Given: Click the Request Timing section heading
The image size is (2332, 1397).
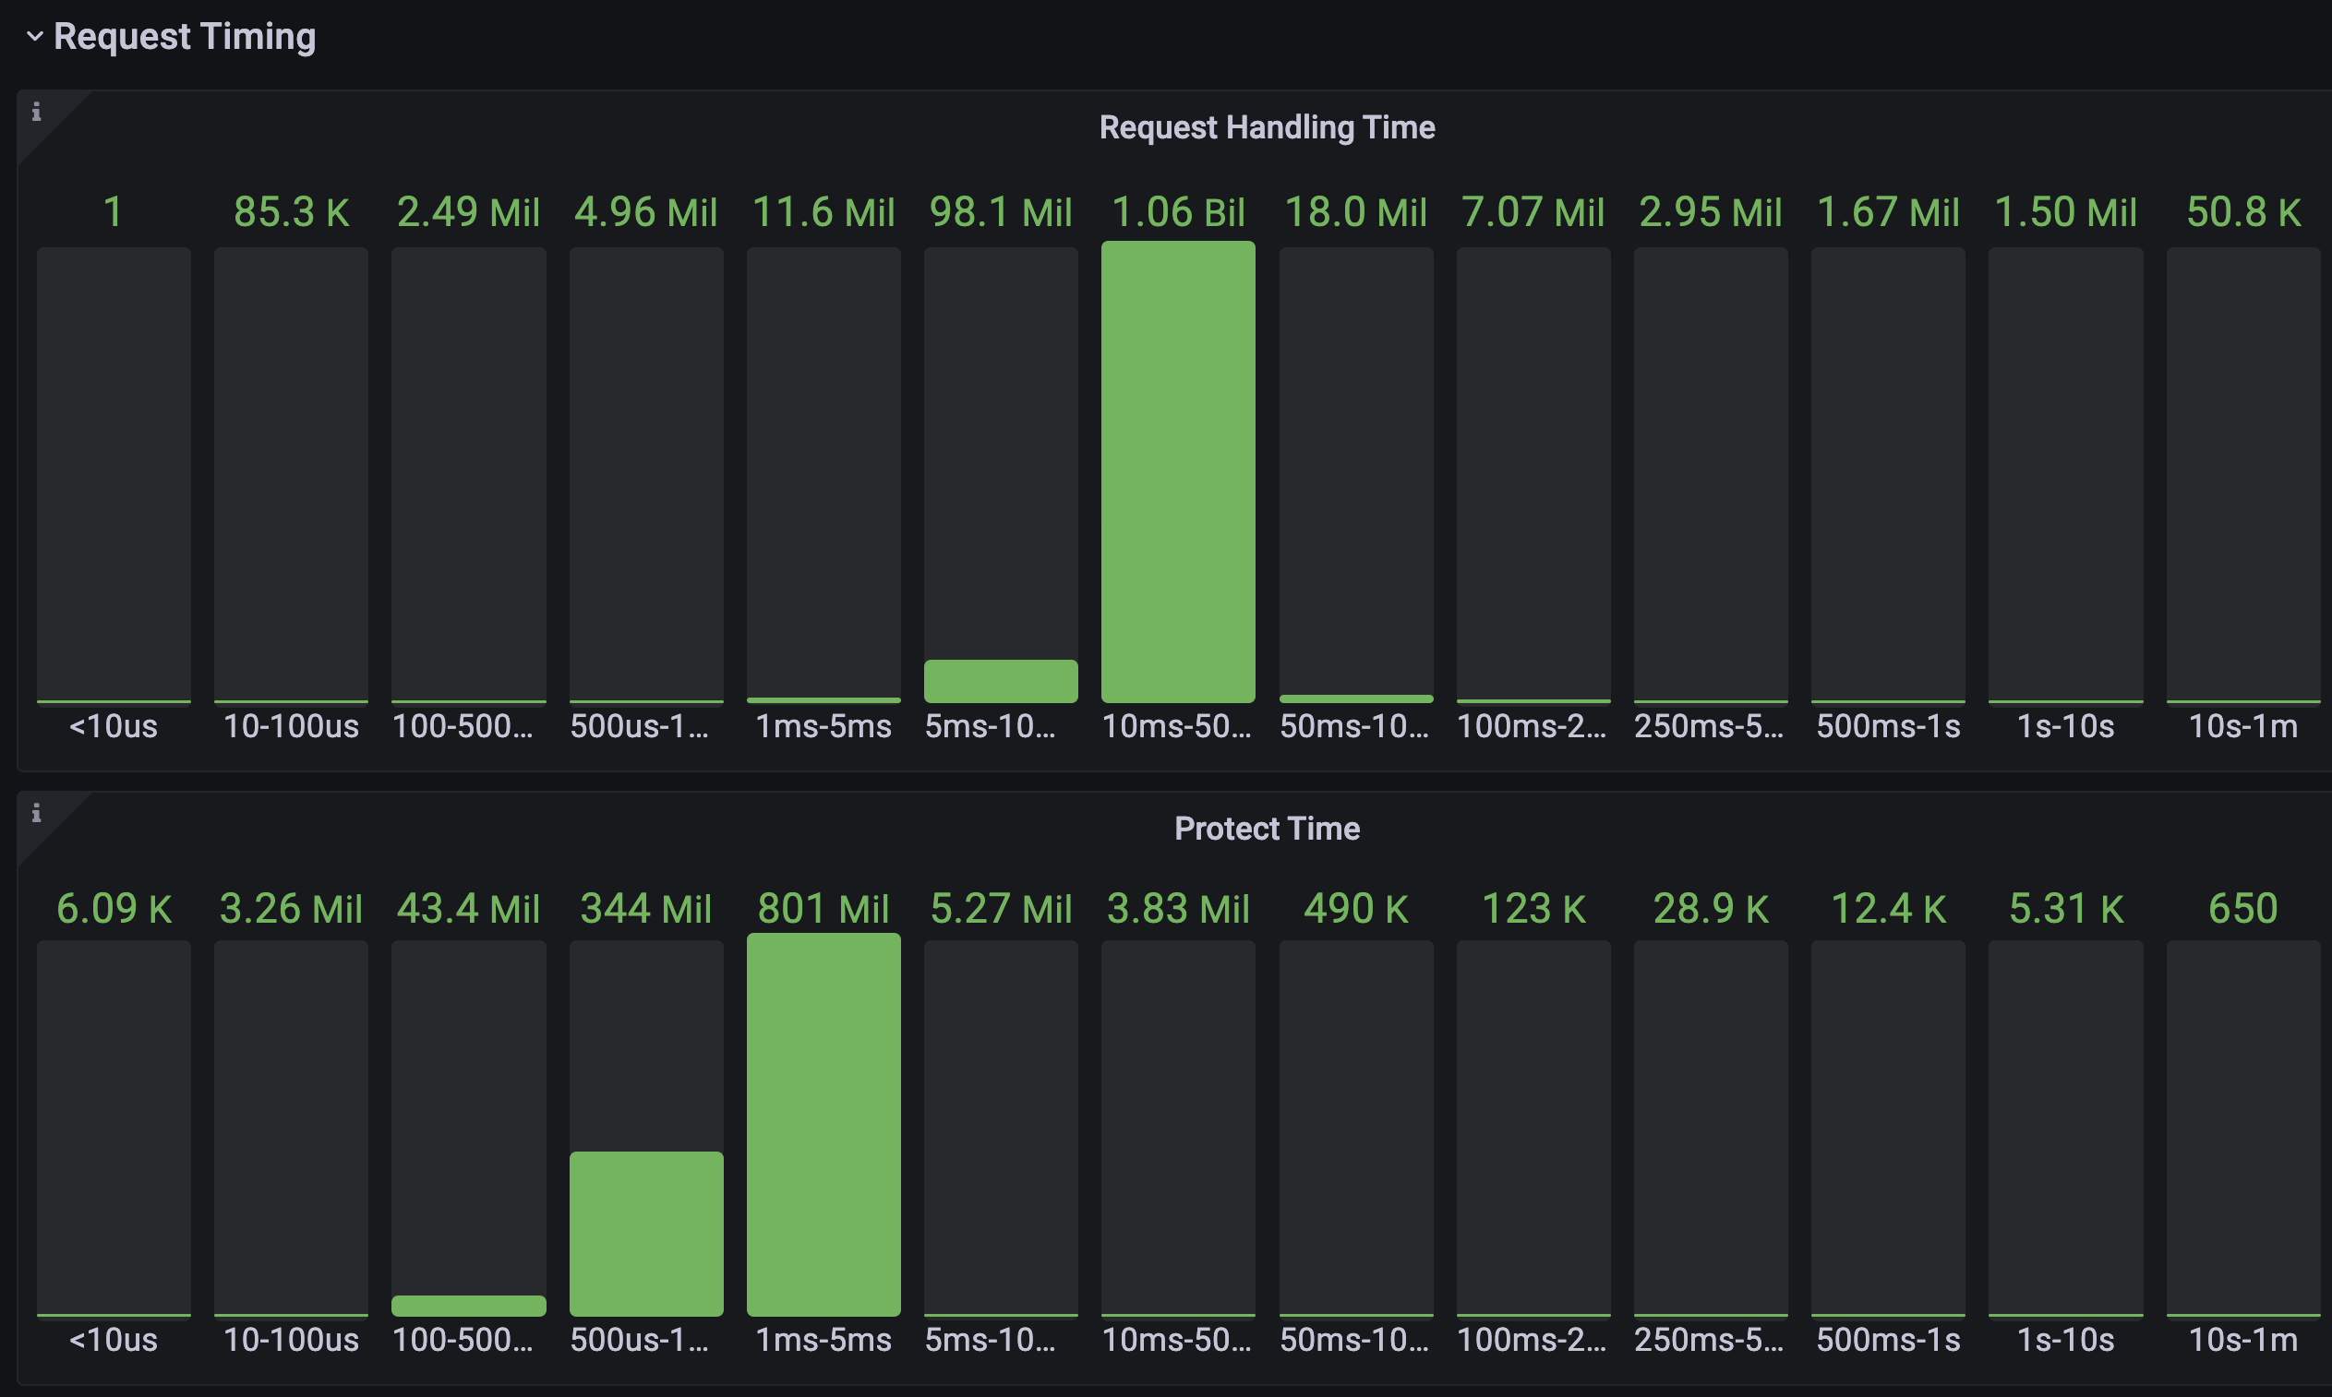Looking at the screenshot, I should point(185,37).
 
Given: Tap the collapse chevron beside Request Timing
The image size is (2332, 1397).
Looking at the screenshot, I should point(35,37).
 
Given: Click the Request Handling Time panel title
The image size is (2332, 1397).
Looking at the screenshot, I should point(1267,127).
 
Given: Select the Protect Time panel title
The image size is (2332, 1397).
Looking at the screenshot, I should point(1267,829).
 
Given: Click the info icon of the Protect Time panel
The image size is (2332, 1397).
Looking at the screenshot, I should point(37,812).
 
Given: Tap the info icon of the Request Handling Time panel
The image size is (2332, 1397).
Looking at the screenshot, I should point(37,112).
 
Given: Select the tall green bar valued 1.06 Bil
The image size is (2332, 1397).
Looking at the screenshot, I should point(1177,472).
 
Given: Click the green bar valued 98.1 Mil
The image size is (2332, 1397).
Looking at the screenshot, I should point(1000,681).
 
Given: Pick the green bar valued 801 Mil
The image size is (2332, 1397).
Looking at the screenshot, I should point(823,1125).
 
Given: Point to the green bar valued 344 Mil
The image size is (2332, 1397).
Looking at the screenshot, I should point(646,1233).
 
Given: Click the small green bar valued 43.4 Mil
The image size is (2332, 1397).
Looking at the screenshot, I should point(468,1306).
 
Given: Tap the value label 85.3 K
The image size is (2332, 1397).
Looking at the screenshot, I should point(291,213).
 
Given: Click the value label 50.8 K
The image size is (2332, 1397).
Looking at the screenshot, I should point(2243,213).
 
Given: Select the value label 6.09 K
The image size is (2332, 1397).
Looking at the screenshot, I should point(114,910).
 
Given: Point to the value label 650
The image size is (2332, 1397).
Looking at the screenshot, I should point(2243,910).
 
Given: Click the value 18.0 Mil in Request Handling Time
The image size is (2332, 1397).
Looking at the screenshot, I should point(1355,213).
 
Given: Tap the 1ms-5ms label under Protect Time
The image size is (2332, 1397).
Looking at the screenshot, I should point(823,1340).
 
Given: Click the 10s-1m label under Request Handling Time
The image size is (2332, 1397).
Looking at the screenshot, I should point(2243,727).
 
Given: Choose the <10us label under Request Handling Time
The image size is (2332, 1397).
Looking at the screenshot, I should point(114,727).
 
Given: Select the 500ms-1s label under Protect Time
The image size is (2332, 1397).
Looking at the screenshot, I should point(1888,1340).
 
